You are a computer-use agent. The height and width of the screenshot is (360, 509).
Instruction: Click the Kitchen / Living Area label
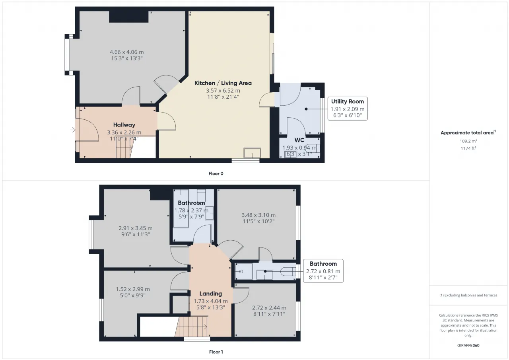pyautogui.click(x=223, y=83)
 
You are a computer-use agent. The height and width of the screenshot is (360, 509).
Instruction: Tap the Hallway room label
pyautogui.click(x=124, y=125)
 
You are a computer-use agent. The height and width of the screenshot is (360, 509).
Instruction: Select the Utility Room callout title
pyautogui.click(x=348, y=101)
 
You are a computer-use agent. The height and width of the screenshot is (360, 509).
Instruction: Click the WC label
pyautogui.click(x=299, y=140)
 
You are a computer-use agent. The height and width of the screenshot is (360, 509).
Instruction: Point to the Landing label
pyautogui.click(x=211, y=294)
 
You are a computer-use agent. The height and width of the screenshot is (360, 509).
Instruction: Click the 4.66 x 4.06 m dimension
pyautogui.click(x=127, y=52)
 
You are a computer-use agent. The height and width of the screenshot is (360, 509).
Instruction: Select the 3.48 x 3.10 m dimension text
pyautogui.click(x=258, y=215)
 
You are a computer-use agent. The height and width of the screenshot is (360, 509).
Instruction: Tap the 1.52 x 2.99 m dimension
pyautogui.click(x=133, y=289)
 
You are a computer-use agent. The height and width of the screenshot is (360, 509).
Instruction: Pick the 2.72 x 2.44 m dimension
pyautogui.click(x=269, y=308)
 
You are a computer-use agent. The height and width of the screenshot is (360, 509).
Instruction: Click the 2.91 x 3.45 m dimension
pyautogui.click(x=136, y=228)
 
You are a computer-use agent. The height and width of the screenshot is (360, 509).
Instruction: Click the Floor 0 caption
pyautogui.click(x=216, y=174)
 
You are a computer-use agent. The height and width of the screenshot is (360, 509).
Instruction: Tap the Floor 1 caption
pyautogui.click(x=216, y=352)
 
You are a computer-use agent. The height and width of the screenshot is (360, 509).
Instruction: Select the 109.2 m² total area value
pyautogui.click(x=468, y=141)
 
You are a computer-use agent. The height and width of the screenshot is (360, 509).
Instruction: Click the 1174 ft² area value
pyautogui.click(x=468, y=148)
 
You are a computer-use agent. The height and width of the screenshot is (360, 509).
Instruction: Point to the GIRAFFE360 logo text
pyautogui.click(x=468, y=345)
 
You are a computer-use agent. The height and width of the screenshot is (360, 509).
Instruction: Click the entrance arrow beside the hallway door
pyautogui.click(x=73, y=130)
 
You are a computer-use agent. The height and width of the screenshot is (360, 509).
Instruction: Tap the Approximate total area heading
pyautogui.click(x=468, y=133)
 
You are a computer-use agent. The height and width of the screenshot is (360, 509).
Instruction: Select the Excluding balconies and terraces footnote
pyautogui.click(x=468, y=295)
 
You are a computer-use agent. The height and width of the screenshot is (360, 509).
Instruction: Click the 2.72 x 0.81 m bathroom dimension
pyautogui.click(x=323, y=271)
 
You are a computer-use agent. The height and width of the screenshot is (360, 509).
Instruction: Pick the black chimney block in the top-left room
pyautogui.click(x=129, y=17)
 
